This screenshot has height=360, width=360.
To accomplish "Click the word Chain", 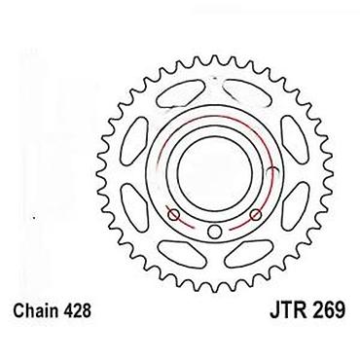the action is click(36, 310).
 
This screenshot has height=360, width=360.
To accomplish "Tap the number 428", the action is click(77, 310).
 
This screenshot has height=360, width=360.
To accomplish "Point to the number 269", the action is click(328, 310).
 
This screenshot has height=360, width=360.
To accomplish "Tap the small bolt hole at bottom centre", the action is click(214, 232).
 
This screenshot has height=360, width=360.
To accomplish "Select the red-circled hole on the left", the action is click(174, 214).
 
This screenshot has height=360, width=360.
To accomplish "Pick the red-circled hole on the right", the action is click(256, 214).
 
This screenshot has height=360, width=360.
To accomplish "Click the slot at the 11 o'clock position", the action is click(181, 93).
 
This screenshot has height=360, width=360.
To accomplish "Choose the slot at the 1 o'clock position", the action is click(248, 93).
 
